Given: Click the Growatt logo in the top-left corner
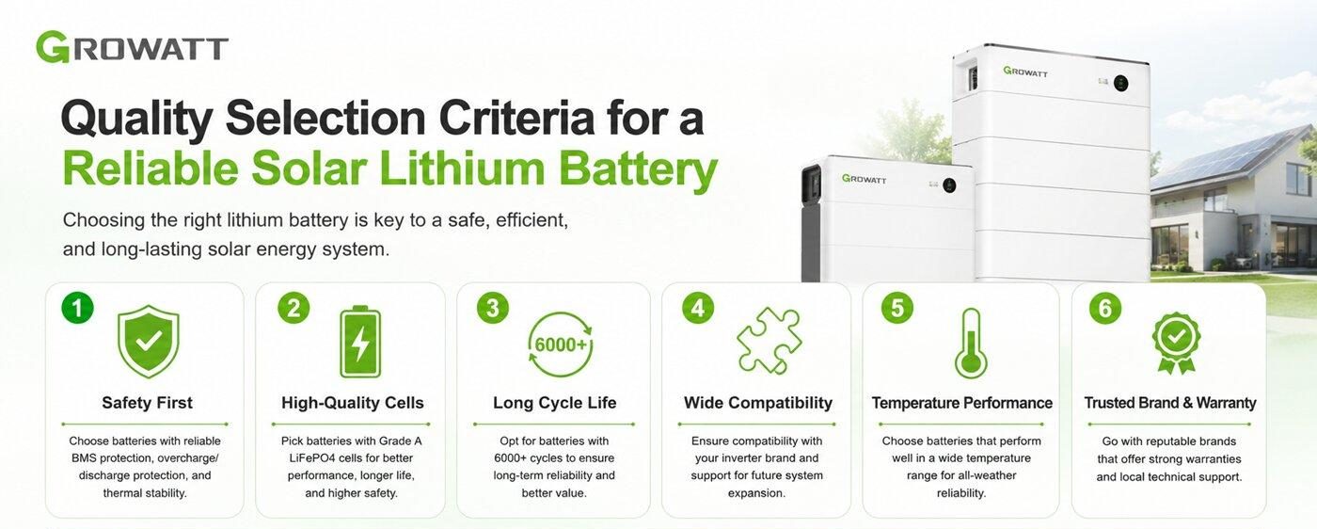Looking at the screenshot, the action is (132, 46).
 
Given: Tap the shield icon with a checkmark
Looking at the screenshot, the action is (149, 342).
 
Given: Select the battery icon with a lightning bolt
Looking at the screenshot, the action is (360, 342).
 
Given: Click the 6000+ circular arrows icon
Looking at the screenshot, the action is (561, 345).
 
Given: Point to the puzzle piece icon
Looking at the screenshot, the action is (770, 340).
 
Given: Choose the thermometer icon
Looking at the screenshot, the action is (971, 344).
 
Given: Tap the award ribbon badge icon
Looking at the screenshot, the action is (1176, 343).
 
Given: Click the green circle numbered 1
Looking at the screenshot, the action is (77, 308).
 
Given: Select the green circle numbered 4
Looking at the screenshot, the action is (698, 308).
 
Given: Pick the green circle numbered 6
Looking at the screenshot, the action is (1105, 308).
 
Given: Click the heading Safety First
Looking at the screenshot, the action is (147, 403).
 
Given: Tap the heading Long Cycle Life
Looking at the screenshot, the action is (554, 403).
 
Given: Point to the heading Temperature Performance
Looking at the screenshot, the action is (961, 403).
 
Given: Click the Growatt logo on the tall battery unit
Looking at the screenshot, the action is (1025, 72).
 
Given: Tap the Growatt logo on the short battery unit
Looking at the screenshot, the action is (864, 178).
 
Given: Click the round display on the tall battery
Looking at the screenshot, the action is (1120, 83).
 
